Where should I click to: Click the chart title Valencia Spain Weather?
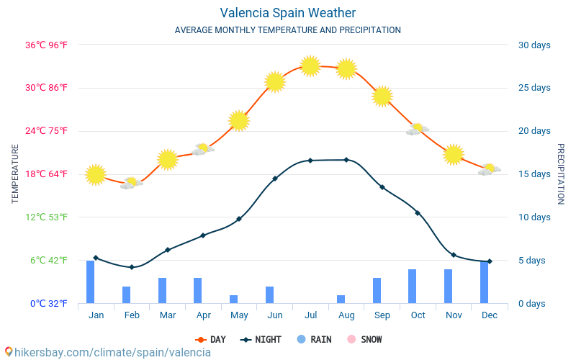(287, 13)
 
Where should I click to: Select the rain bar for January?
(91, 282)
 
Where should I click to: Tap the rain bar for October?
(412, 286)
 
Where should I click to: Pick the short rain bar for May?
(233, 299)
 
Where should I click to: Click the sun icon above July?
(310, 66)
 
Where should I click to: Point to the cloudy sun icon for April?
(203, 149)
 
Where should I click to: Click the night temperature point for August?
(346, 160)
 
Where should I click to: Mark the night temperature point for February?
(132, 267)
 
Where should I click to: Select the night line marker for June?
(275, 179)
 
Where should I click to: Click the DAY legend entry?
(210, 339)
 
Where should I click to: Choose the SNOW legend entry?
(364, 339)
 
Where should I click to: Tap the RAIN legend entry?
(314, 339)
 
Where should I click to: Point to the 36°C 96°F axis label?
(46, 45)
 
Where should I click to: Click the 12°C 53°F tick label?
(46, 217)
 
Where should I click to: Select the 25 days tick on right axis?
(534, 88)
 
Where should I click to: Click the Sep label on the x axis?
(382, 315)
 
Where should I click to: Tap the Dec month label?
(490, 315)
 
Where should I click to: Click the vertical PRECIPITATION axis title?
(561, 174)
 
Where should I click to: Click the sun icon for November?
(454, 154)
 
